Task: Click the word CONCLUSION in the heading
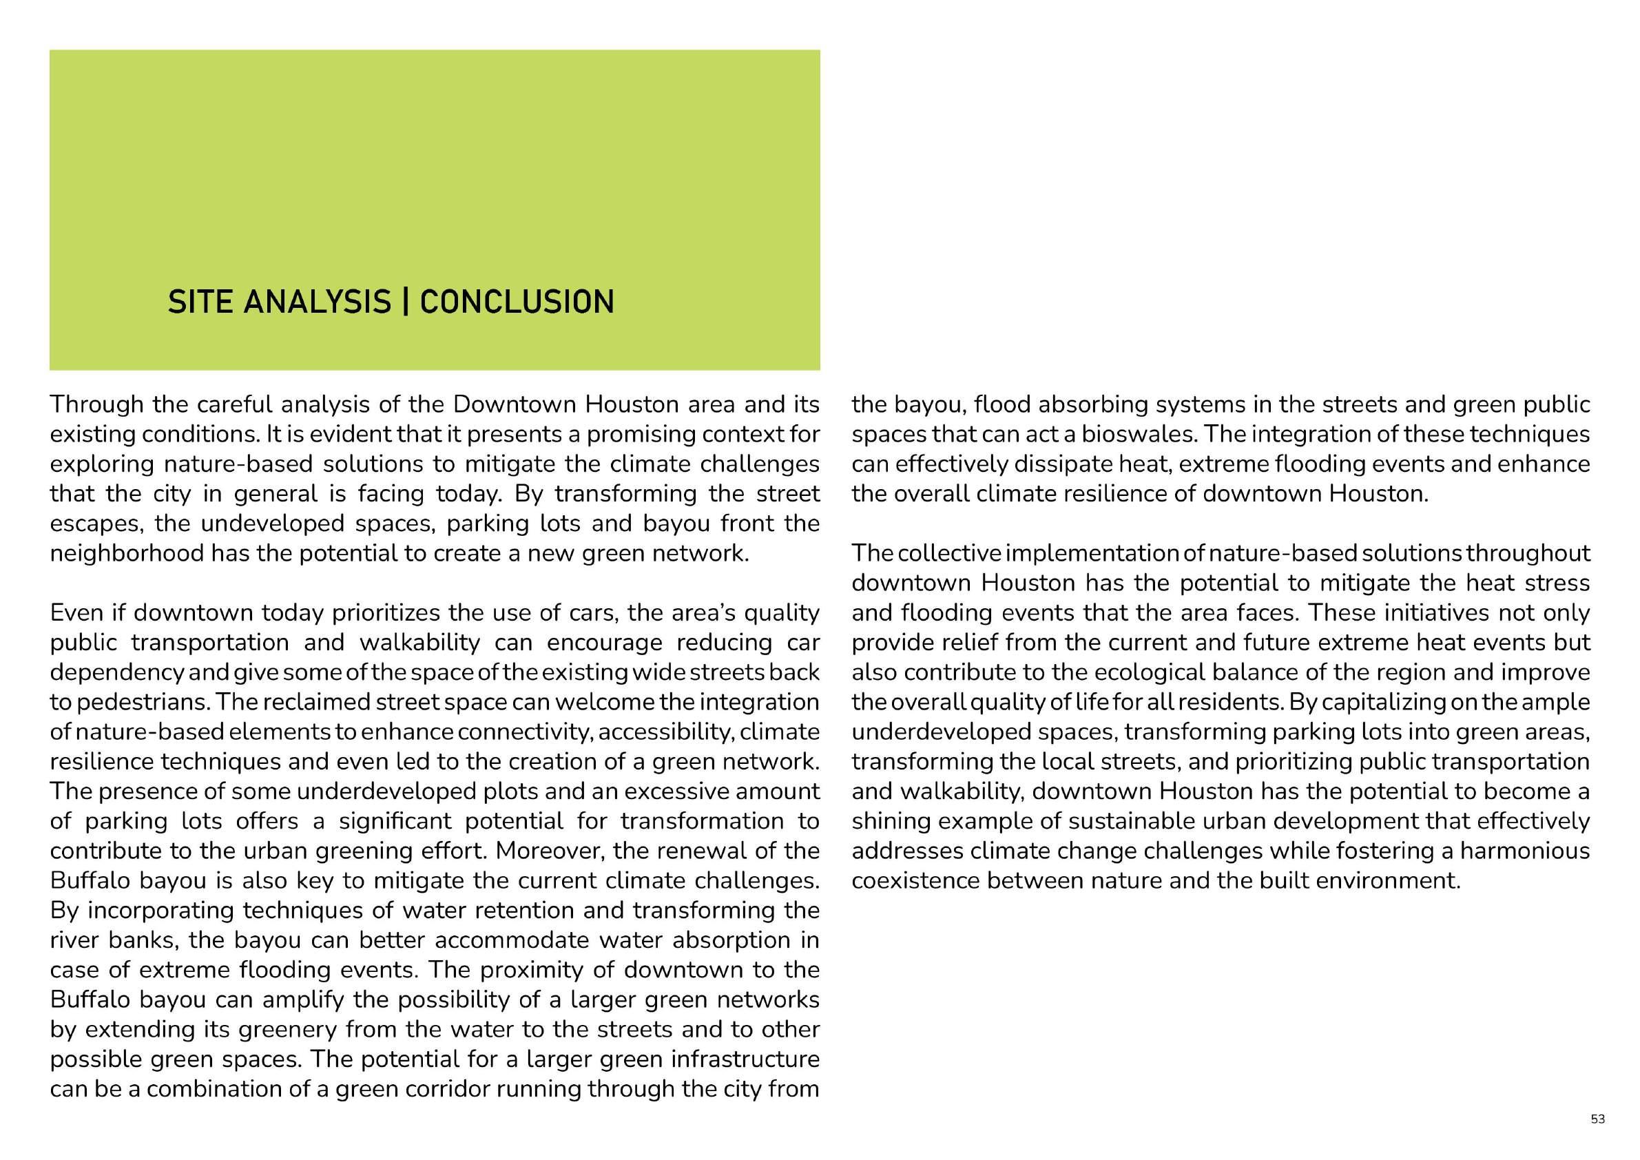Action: tap(517, 302)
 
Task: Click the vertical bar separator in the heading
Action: tap(405, 302)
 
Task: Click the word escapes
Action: tap(94, 524)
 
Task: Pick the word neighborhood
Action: tap(127, 554)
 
